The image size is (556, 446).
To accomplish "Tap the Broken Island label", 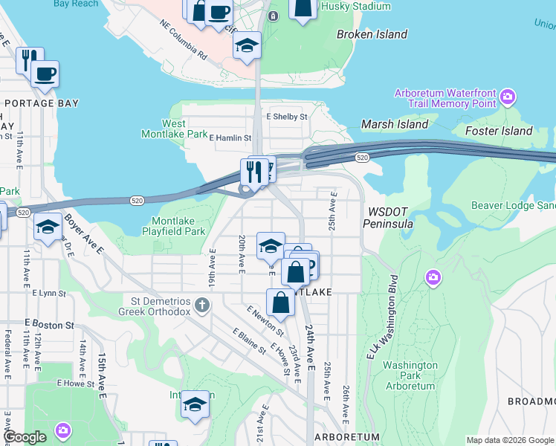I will (372, 34).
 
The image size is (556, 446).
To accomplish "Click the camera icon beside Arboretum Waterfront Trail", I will (508, 97).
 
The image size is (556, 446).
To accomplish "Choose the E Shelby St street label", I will (287, 117).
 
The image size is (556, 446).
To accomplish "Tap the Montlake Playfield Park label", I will (178, 226).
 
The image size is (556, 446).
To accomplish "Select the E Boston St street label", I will (49, 325).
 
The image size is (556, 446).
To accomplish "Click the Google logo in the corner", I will (24, 437).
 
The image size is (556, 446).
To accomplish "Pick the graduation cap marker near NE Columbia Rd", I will (247, 46).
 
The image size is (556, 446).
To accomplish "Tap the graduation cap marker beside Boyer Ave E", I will (48, 227).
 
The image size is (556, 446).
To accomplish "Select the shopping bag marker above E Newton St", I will (280, 303).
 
